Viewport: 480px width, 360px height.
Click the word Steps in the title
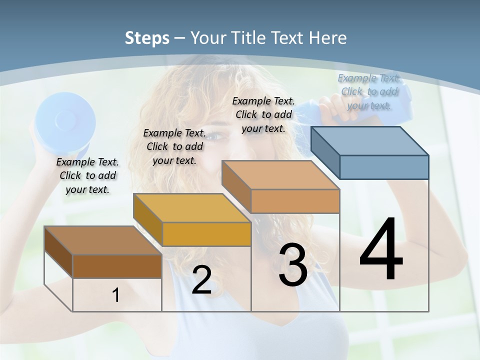coord(147,38)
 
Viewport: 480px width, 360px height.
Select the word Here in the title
coord(328,38)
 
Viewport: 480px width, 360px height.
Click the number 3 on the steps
coord(293,265)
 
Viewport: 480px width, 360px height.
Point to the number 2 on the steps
coord(201,280)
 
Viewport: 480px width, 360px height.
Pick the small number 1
coord(115,295)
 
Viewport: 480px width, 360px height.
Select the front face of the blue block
coord(384,167)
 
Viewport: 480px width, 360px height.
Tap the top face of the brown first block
coord(102,240)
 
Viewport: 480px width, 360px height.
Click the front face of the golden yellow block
coord(206,234)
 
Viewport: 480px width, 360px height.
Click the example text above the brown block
coord(87,175)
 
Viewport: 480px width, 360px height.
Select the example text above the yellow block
coord(174,146)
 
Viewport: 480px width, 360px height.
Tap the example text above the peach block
coord(263,114)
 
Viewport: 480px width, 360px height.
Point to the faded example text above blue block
coord(368,91)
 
